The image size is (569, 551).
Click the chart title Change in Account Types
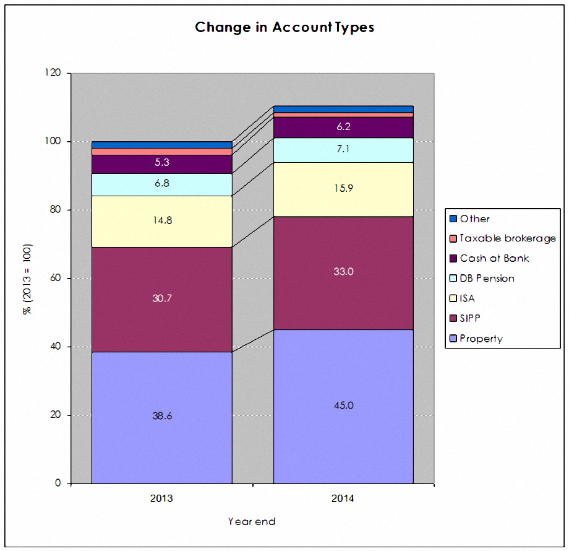(284, 27)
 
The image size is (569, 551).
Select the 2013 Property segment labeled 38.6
(162, 417)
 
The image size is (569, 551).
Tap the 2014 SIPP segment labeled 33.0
(343, 273)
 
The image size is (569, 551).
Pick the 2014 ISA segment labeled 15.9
(343, 189)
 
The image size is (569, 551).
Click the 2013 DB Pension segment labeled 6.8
(162, 184)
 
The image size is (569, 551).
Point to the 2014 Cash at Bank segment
(343, 128)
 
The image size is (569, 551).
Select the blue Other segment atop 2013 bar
(162, 145)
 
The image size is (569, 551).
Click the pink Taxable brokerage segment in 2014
(343, 115)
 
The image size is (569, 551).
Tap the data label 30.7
(162, 298)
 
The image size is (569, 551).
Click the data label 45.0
(344, 406)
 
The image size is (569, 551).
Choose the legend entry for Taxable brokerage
(503, 238)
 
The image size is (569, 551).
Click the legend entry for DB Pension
(482, 278)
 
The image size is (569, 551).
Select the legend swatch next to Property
(453, 339)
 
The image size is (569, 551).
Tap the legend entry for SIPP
(465, 319)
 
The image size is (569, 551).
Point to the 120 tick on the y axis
(53, 72)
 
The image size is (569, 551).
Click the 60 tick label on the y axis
(56, 278)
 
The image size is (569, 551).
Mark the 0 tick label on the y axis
(58, 483)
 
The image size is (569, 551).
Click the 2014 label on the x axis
(343, 498)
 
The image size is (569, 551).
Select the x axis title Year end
(252, 521)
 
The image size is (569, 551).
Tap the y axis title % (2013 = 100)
(28, 279)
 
